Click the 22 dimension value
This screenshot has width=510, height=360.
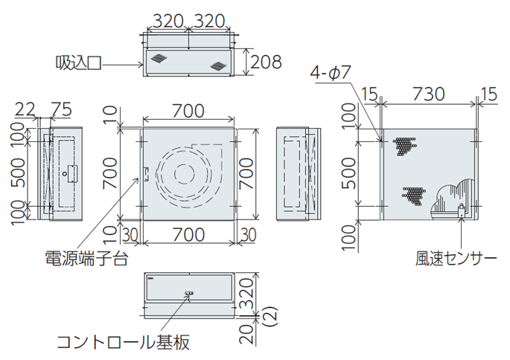(25, 109)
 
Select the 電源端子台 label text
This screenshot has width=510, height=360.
(86, 258)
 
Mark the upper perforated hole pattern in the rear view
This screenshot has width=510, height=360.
(403, 146)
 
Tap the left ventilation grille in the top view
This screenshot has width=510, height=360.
(158, 57)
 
